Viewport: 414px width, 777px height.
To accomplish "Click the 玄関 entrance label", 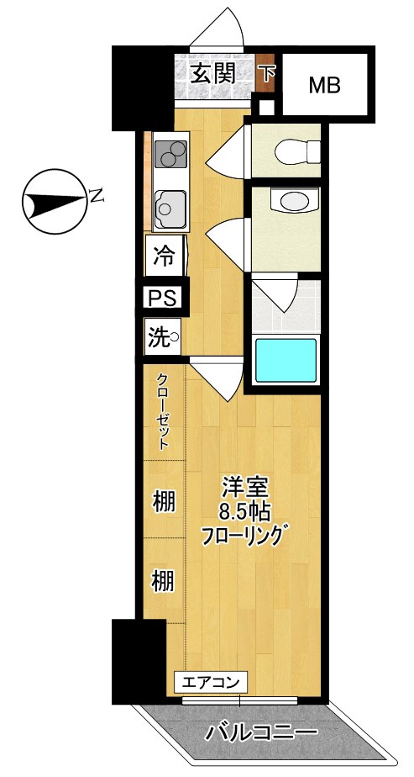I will [x=211, y=73].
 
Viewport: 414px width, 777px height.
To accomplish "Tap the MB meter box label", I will [x=324, y=85].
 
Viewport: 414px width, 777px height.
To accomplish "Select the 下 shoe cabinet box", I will [x=266, y=74].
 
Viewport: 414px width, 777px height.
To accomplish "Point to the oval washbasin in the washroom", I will [x=293, y=202].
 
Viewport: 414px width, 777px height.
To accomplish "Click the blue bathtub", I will [x=286, y=361].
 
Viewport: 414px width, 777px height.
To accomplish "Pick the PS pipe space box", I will [x=162, y=298].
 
